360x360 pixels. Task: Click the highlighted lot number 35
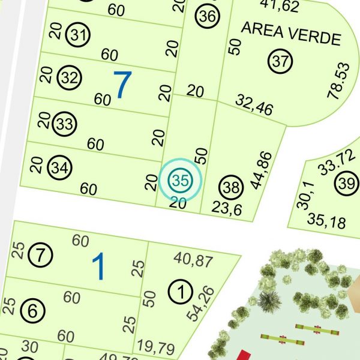coord(179,179)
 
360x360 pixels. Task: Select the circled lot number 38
coord(231,188)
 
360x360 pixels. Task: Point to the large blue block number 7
coord(122,85)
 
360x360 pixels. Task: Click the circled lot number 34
coord(58,168)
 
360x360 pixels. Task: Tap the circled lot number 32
coord(70,78)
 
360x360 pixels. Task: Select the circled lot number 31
coord(77,35)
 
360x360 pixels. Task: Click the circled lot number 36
coord(208,16)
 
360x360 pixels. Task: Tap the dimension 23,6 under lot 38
coord(227,208)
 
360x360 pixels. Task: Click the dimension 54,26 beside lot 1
coord(208,303)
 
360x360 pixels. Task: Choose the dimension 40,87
coord(193,259)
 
